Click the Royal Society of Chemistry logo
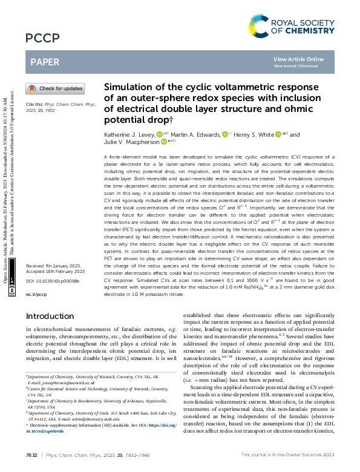click(291, 26)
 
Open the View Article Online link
click(298, 59)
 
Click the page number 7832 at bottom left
click(31, 455)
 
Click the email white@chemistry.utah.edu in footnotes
click(109, 419)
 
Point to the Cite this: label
click(35, 105)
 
